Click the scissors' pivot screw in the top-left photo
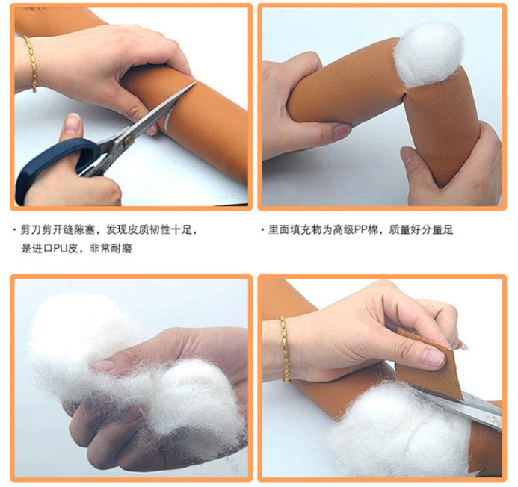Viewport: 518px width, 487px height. coord(128,140)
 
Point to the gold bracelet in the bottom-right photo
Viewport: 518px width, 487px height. coord(285,350)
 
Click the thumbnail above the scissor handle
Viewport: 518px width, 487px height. coord(73,122)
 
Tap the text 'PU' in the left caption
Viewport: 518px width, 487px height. coord(61,248)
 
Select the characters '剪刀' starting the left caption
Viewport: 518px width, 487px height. coord(31,229)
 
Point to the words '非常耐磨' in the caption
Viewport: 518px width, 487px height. coord(111,248)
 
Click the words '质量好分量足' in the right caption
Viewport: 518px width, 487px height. coord(421,229)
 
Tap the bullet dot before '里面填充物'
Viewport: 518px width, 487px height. coord(262,229)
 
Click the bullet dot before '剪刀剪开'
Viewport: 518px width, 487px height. coord(14,229)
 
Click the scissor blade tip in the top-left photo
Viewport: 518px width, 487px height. coord(195,83)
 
